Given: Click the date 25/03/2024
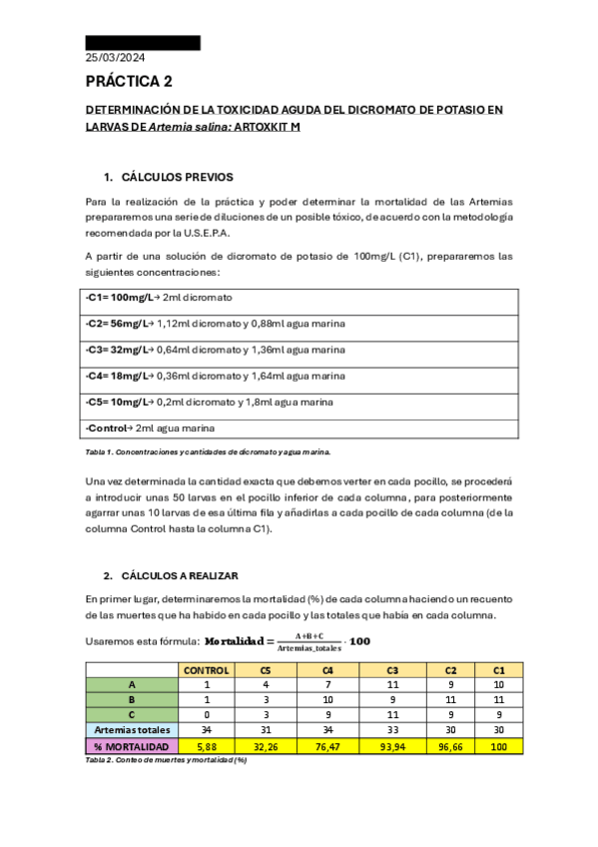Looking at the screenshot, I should click(117, 58).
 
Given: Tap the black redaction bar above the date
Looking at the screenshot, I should click(142, 43).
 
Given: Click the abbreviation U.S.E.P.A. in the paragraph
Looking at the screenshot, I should click(205, 233).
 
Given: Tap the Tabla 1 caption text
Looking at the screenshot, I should click(210, 451).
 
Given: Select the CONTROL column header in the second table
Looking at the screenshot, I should click(206, 670).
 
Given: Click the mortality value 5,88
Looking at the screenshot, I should click(206, 746).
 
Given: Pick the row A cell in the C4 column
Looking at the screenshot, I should click(330, 685).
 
